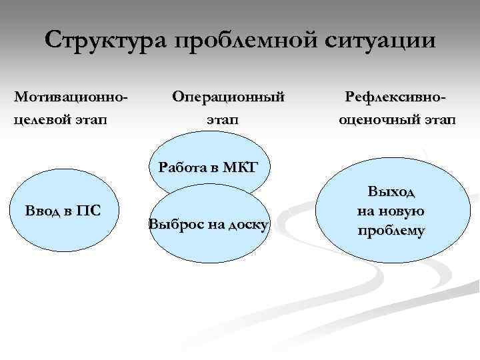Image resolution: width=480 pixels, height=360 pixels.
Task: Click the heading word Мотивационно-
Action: (71, 97)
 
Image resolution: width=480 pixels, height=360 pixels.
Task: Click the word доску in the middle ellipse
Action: (247, 225)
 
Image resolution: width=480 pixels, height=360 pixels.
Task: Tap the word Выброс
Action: (171, 225)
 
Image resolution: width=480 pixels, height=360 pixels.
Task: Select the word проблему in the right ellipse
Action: (391, 231)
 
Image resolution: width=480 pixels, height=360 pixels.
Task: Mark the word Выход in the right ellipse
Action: (391, 193)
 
